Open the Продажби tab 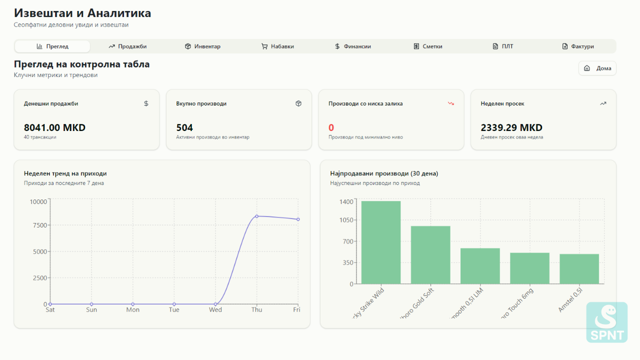127,46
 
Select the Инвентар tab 202,46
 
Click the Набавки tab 277,46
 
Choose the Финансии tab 353,46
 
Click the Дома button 597,68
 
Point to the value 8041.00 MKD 54,127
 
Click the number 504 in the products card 184,127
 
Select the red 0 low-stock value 331,127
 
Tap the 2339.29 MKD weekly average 511,127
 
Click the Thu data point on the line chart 256,216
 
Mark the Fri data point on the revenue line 298,219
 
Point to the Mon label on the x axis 132,310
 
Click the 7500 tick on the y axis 39,225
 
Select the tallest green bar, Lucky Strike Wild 381,242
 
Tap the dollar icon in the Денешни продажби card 146,103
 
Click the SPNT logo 606,322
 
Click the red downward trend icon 450,103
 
